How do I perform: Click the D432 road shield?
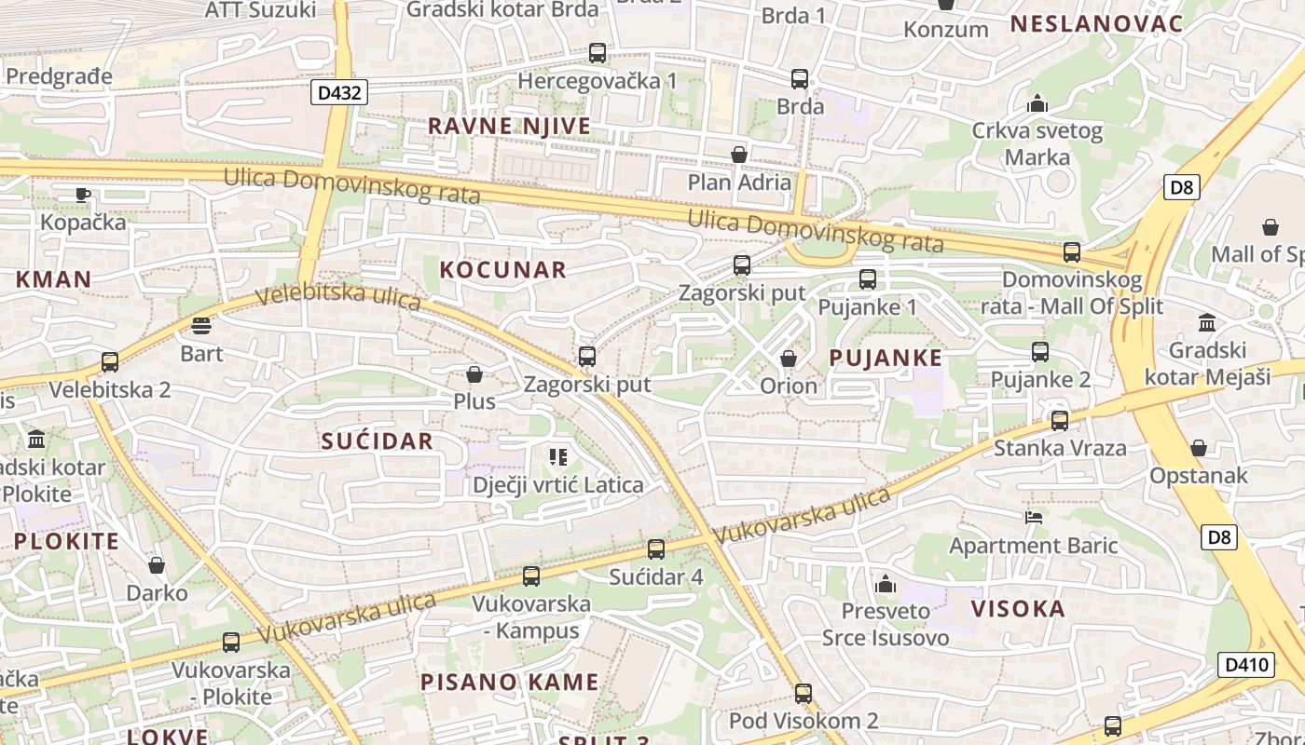(339, 92)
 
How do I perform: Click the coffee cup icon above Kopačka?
(83, 195)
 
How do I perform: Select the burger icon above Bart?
(201, 326)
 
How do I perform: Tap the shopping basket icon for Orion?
(789, 359)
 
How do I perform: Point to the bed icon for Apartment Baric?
(1033, 517)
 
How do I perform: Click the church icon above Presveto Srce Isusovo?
(886, 584)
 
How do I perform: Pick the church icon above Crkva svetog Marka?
(1037, 103)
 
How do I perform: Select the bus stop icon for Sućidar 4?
(656, 549)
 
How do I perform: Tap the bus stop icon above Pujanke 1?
(868, 278)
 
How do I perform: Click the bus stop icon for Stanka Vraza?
(1060, 421)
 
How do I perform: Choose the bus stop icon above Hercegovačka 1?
(598, 53)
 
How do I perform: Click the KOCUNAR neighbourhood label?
(502, 270)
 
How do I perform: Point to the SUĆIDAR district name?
(378, 441)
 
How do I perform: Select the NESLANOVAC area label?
(1096, 24)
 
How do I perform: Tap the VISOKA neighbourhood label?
(1018, 609)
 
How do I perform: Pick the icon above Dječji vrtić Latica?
(558, 456)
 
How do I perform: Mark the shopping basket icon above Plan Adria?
(739, 154)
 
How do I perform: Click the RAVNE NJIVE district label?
(509, 126)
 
